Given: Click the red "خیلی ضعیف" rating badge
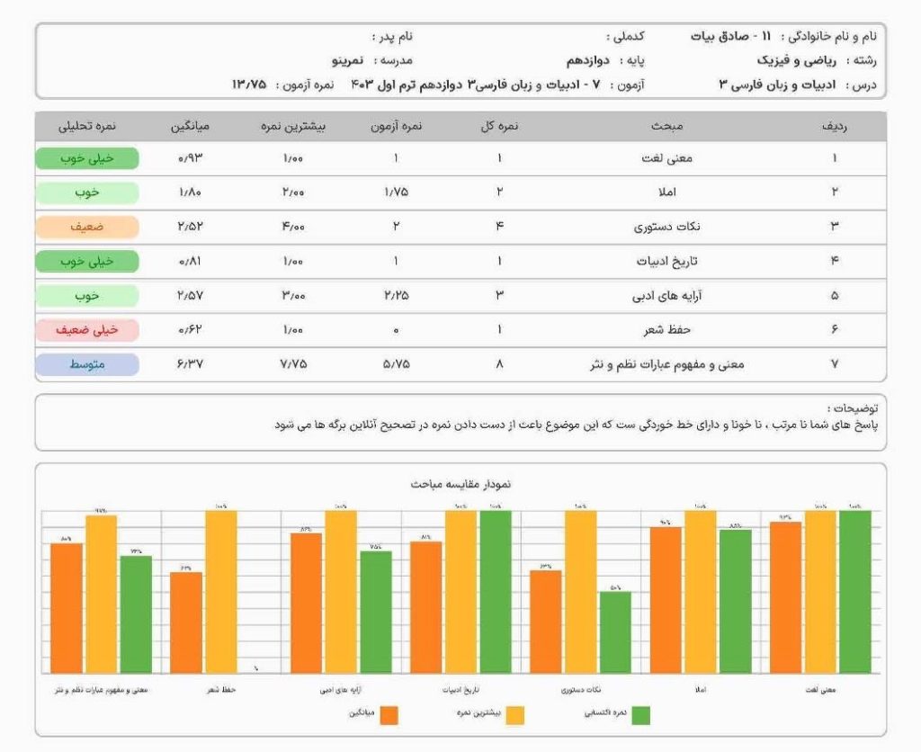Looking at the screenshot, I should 87,330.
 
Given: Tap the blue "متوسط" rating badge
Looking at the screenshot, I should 87,364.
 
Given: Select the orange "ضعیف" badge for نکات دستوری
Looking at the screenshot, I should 87,227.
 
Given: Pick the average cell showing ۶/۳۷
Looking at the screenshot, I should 191,364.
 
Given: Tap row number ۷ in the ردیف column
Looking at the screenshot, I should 834,364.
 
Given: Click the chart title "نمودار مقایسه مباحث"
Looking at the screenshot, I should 460,484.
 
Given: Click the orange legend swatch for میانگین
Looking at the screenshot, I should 389,715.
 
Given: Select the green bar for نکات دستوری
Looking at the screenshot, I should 615,631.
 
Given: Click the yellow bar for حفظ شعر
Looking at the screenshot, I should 221,591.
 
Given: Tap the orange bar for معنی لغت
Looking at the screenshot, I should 785,596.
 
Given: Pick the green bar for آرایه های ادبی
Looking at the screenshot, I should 376,612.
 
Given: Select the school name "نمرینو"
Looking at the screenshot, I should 345,60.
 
